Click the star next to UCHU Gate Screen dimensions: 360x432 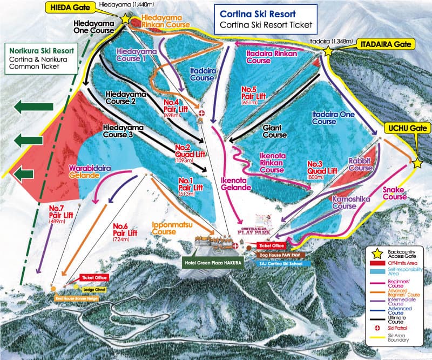click(x=417, y=163)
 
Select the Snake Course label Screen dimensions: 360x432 click(x=394, y=194)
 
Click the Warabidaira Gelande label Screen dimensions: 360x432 click(x=90, y=171)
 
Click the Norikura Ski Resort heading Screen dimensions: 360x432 click(x=40, y=50)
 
